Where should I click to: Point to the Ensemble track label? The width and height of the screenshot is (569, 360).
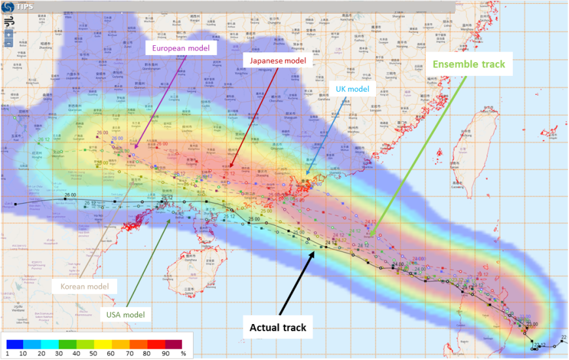coord(470,65)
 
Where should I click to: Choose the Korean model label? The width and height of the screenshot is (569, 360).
coord(84,286)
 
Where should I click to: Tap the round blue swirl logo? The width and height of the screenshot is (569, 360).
coord(9,7)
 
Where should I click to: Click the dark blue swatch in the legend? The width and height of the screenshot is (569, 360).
coord(16,343)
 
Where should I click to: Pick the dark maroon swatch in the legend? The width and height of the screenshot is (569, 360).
coord(173,343)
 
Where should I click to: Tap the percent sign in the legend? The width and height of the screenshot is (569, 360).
coord(184,354)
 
